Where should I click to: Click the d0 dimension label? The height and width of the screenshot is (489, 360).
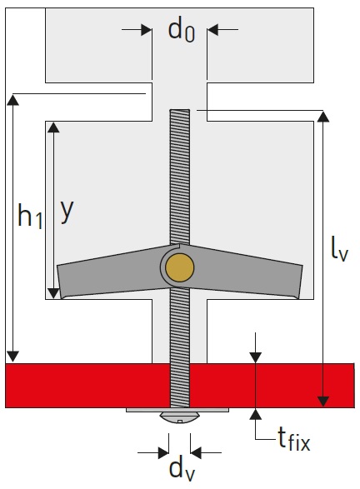[182, 30]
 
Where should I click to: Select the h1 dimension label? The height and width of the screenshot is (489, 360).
[30, 215]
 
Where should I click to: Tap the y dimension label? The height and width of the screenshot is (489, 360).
[67, 212]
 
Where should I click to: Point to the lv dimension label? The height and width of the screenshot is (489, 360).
[339, 248]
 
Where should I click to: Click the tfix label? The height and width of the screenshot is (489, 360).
[294, 438]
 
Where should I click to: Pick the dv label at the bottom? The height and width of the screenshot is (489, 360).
[182, 470]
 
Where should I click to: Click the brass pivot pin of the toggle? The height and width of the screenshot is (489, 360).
[179, 267]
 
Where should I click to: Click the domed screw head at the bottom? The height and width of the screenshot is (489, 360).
[179, 417]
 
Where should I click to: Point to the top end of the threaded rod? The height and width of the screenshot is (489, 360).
[179, 110]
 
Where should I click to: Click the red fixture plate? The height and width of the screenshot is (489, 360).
[180, 386]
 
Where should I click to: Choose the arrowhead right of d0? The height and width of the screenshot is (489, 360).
[212, 30]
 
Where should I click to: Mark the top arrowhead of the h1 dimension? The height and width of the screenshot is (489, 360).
[12, 100]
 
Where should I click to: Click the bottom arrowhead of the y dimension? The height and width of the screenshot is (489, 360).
[53, 293]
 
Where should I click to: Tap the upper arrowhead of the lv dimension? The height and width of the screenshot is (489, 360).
[323, 117]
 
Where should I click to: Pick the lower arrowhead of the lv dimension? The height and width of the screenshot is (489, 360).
[323, 402]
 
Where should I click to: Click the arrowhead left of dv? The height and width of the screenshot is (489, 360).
[163, 452]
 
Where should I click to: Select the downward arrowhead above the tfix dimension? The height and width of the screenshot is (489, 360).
[256, 357]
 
